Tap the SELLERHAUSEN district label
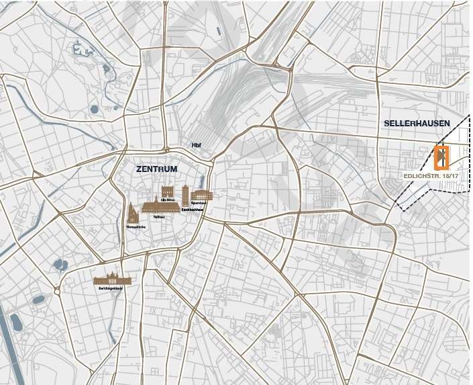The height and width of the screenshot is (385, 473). coord(417,124)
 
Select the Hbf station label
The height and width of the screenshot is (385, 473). coord(197,146)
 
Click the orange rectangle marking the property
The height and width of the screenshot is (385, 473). coord(441,157)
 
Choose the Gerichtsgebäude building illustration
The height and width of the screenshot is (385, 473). coord(112,279)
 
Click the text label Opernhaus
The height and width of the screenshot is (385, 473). coord(198,202)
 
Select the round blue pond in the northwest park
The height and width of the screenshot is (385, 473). coord(94,108)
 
